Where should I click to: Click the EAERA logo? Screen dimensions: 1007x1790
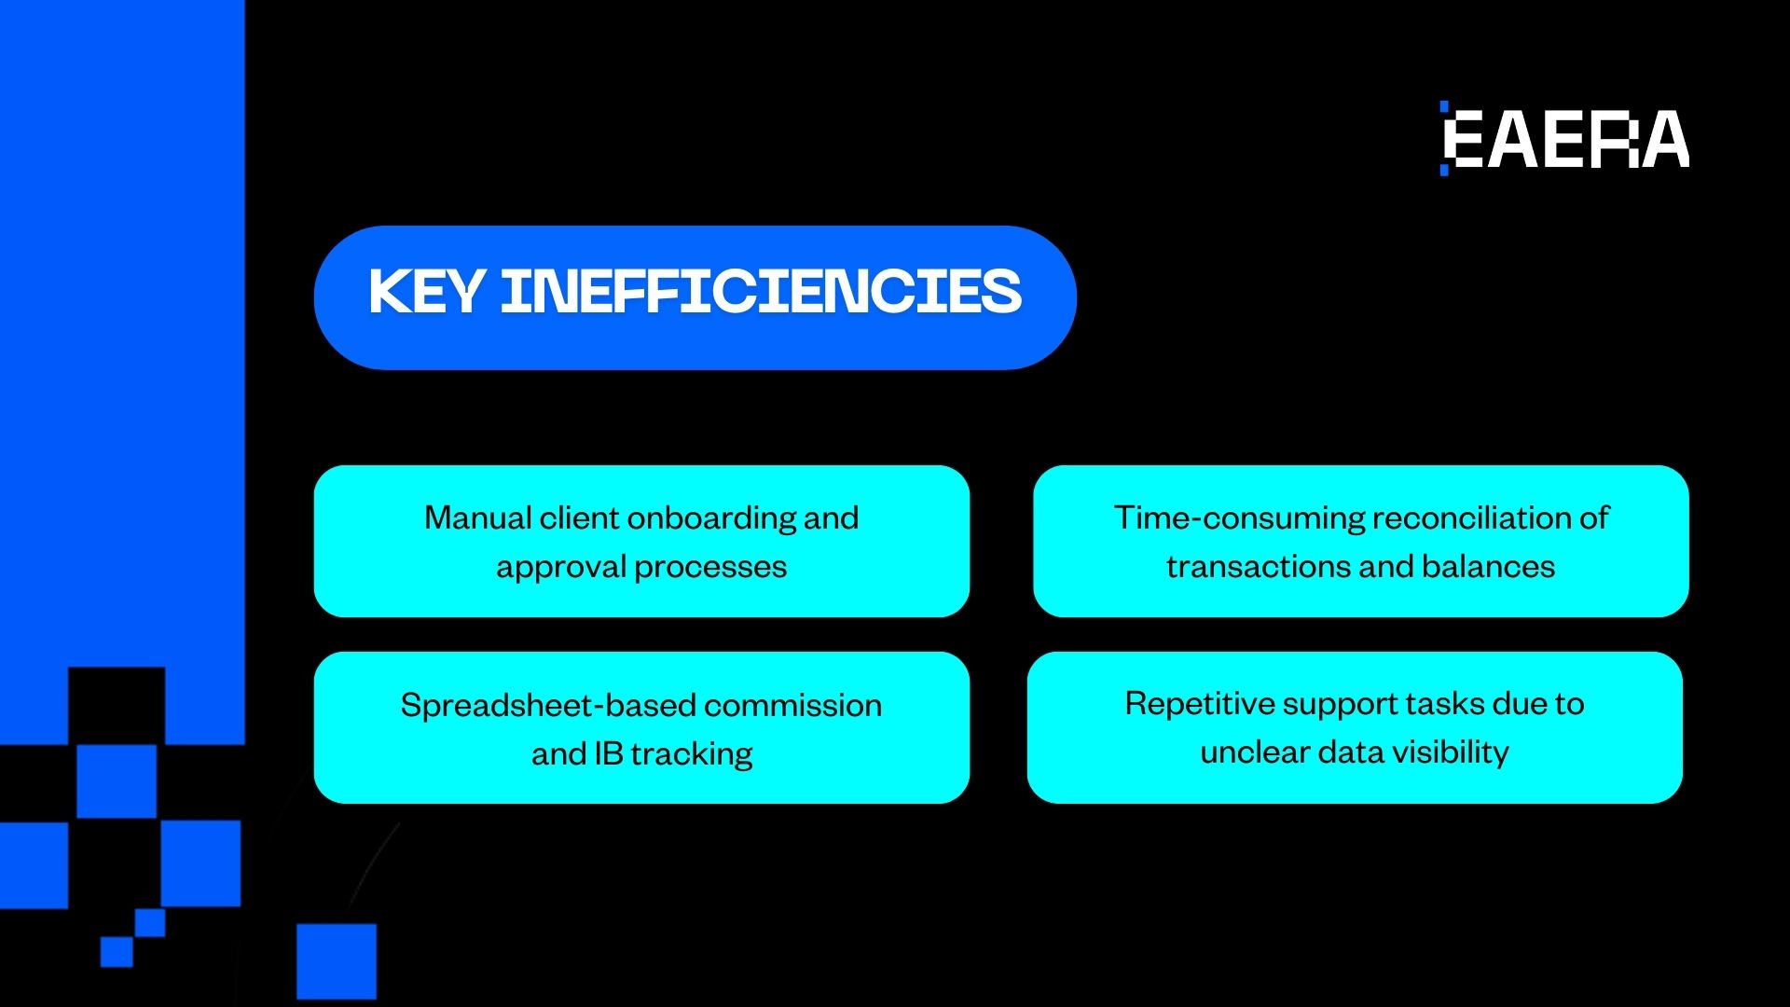1565,139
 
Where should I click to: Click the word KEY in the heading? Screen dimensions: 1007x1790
425,292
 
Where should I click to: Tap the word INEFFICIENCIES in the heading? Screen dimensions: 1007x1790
761,292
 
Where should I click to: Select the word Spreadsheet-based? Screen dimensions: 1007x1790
548,706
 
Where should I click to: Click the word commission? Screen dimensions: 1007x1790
793,706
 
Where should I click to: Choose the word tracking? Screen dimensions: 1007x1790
692,753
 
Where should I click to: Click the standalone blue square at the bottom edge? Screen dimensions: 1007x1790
337,960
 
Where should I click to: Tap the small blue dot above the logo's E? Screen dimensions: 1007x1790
1444,105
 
